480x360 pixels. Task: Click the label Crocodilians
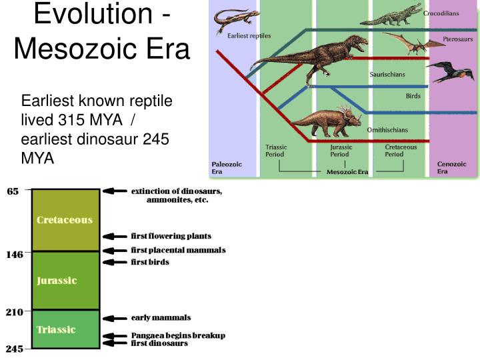click(x=441, y=13)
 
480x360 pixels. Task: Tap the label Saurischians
click(x=389, y=74)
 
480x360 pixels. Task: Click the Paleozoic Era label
click(x=227, y=167)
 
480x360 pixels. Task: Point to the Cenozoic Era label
click(x=451, y=167)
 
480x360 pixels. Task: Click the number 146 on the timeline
click(x=15, y=254)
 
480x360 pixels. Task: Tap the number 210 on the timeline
click(x=15, y=311)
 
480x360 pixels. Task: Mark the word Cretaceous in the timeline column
click(x=65, y=220)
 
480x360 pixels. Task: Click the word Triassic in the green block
click(x=56, y=329)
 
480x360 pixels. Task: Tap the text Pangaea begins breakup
click(x=178, y=335)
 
